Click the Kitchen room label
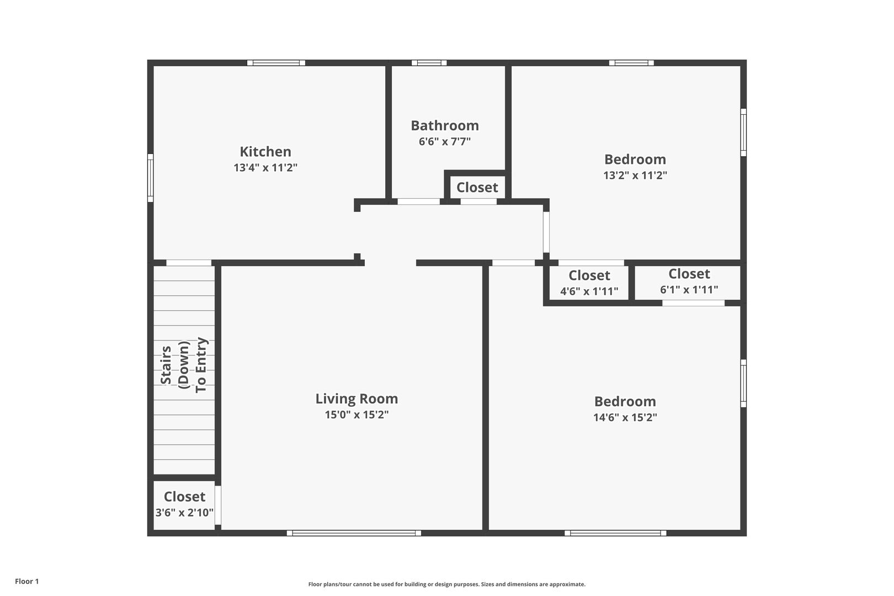point(265,152)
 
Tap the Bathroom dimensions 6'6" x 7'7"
point(445,142)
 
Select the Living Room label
point(356,399)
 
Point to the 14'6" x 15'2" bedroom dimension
point(625,418)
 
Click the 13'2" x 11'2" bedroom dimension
point(635,175)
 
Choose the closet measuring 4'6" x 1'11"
point(589,283)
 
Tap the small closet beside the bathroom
point(477,187)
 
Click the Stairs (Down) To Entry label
point(184,366)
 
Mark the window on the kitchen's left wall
point(151,178)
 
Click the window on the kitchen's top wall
point(276,63)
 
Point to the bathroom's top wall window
point(429,63)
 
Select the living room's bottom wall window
point(354,533)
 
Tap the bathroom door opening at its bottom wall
point(419,201)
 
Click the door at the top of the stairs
point(189,263)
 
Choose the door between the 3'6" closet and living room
point(218,505)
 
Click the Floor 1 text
point(26,581)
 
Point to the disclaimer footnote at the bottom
point(446,584)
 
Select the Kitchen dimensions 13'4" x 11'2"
point(265,168)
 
